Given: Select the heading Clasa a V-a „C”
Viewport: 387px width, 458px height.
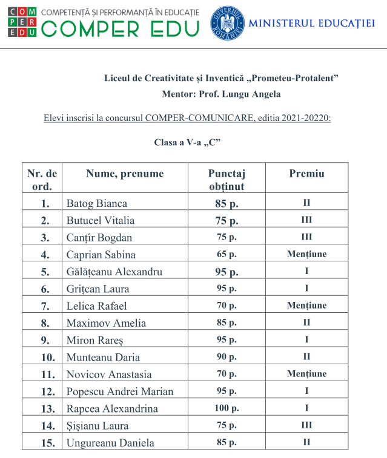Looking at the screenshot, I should click(x=187, y=142).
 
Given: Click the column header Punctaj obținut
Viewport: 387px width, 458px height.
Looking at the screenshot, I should click(x=227, y=180).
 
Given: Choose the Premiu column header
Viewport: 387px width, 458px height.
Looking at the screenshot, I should click(x=306, y=174).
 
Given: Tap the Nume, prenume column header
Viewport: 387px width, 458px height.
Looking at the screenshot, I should click(x=125, y=174).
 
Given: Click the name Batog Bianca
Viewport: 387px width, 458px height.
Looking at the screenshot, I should click(x=97, y=203).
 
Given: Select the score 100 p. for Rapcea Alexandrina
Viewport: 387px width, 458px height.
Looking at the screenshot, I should click(x=227, y=408).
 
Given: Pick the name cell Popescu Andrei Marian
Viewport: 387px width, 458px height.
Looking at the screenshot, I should click(x=120, y=391).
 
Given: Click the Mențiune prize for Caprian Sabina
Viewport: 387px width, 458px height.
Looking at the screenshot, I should click(x=306, y=254).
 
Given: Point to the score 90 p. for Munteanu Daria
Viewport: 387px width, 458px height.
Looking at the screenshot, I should click(x=227, y=357).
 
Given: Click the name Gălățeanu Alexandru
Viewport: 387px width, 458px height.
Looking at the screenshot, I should click(x=114, y=272).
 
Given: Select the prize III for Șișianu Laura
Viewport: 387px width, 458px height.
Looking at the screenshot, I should click(x=306, y=425).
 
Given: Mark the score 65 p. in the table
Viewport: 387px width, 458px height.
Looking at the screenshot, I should click(x=227, y=254).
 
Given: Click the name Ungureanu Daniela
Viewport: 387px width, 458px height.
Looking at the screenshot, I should click(x=110, y=442).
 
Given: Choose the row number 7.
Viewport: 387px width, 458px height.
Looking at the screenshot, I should click(x=45, y=306).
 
